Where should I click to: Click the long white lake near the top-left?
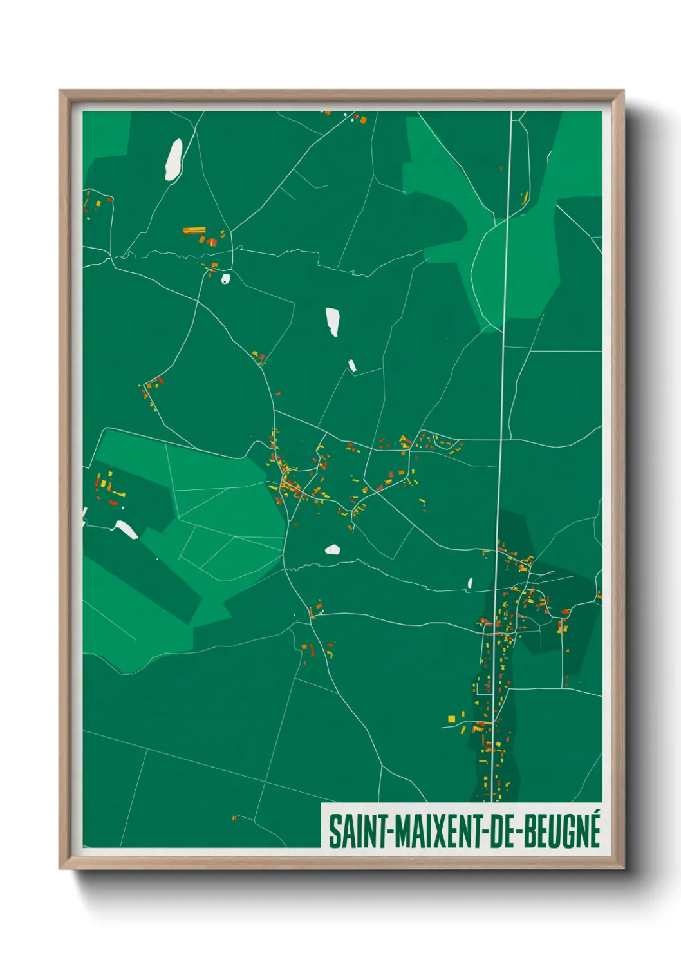point(173,159)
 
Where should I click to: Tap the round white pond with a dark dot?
point(225,279)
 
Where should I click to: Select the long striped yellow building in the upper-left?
point(194,229)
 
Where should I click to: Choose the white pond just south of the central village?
point(332,549)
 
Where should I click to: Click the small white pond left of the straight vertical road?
point(470,583)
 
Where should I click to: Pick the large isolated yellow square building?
point(451,719)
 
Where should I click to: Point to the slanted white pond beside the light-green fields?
point(126,530)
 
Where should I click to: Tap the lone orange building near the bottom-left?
point(234,818)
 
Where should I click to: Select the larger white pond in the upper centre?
point(332,321)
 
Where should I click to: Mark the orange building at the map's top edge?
point(362,119)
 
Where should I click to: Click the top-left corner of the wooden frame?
point(61,92)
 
